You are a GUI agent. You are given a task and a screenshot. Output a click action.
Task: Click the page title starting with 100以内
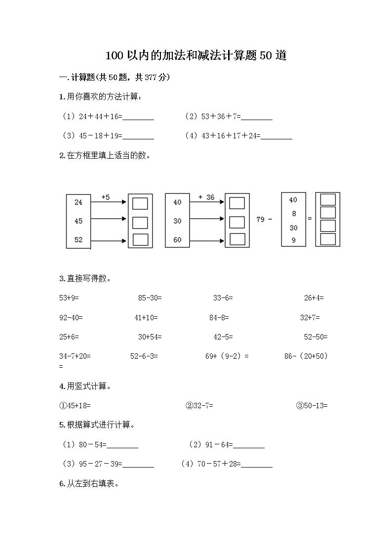pyautogui.click(x=196, y=55)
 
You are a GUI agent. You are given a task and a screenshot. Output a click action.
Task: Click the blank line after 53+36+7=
pyautogui.click(x=257, y=118)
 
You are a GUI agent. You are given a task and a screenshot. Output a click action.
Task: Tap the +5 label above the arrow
pyautogui.click(x=106, y=197)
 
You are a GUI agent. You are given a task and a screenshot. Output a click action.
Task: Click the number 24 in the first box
pyautogui.click(x=78, y=202)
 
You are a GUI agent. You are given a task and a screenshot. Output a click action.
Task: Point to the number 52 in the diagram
pyautogui.click(x=78, y=240)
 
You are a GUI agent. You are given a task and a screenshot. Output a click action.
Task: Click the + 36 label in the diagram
pyautogui.click(x=206, y=197)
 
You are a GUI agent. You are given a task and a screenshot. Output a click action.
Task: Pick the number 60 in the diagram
pyautogui.click(x=177, y=240)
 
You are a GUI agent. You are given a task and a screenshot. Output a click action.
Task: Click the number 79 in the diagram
pyautogui.click(x=261, y=219)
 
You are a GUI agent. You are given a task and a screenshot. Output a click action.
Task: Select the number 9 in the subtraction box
pyautogui.click(x=293, y=240)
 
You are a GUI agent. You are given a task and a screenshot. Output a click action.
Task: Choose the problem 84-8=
pyautogui.click(x=219, y=317)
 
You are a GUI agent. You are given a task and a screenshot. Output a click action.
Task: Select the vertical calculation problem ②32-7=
pyautogui.click(x=199, y=406)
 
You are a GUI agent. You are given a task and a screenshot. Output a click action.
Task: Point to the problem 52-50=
pyautogui.click(x=315, y=337)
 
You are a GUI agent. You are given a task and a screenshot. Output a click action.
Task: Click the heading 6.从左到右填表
pyautogui.click(x=89, y=484)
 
